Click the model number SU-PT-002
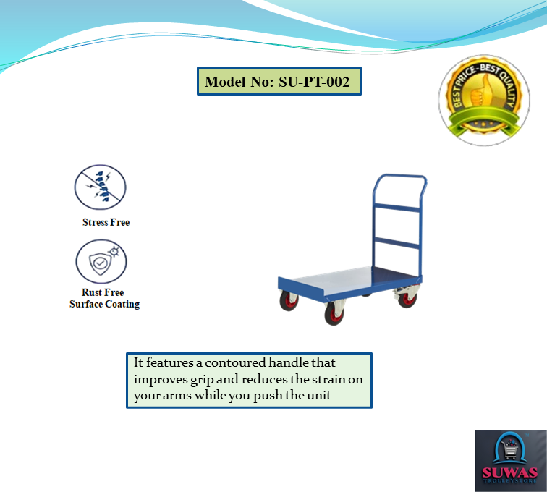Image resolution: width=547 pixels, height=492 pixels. click(x=314, y=82)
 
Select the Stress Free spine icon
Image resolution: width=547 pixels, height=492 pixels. click(x=100, y=187)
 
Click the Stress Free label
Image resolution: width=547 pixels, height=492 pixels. click(x=106, y=222)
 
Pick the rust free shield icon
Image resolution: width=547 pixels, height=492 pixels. click(x=101, y=261)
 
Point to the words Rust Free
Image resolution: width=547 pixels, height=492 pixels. click(x=103, y=292)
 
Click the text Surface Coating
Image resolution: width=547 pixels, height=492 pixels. click(x=105, y=304)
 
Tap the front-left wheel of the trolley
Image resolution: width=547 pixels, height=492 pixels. click(x=289, y=301)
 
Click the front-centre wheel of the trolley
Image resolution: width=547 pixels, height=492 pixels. click(x=334, y=314)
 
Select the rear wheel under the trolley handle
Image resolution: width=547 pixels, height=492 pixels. click(x=407, y=299)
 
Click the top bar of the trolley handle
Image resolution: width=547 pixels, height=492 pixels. click(x=401, y=176)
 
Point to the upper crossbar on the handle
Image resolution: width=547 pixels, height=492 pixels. click(x=397, y=208)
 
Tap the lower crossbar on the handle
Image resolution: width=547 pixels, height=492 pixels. click(x=397, y=243)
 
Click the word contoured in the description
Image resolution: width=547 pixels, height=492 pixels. click(x=235, y=363)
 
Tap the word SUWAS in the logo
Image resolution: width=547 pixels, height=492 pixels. click(x=509, y=472)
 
